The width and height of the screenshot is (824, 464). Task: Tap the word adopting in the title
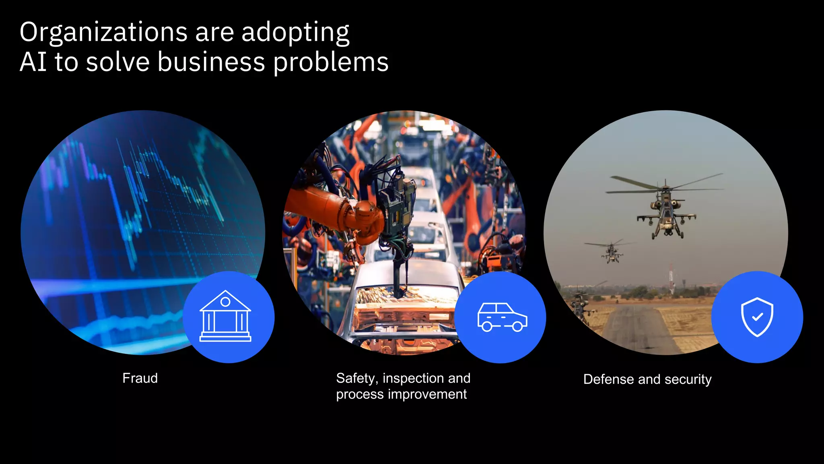pyautogui.click(x=295, y=32)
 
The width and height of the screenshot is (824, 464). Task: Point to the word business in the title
pyautogui.click(x=211, y=62)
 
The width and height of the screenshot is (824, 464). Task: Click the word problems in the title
pyautogui.click(x=331, y=63)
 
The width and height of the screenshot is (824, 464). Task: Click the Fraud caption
pyautogui.click(x=140, y=378)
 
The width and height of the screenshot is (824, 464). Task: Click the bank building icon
pyautogui.click(x=225, y=317)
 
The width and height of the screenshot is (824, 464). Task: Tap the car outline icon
pyautogui.click(x=502, y=317)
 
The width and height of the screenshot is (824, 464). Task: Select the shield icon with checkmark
pyautogui.click(x=757, y=317)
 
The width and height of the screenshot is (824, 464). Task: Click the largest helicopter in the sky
pyautogui.click(x=666, y=209)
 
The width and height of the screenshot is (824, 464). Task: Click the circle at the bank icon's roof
pyautogui.click(x=226, y=302)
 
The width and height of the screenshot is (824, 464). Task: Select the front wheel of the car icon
pyautogui.click(x=518, y=326)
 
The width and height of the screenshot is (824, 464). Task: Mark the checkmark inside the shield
pyautogui.click(x=758, y=317)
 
